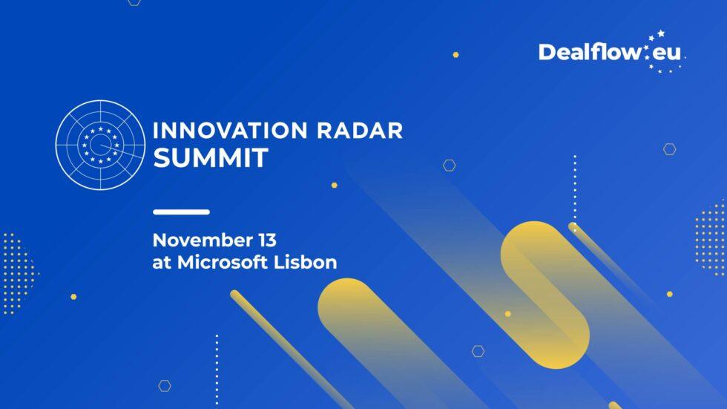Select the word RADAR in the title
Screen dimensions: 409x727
pos(363,131)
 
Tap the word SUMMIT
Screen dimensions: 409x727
pos(210,158)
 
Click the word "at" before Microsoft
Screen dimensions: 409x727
pos(160,263)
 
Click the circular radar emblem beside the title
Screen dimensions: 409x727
pos(99,144)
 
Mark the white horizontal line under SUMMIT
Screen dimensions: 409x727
pos(181,212)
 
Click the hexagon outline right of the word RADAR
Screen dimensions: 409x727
pos(450,165)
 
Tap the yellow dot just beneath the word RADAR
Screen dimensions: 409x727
pos(334,185)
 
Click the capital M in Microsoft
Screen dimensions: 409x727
pos(183,263)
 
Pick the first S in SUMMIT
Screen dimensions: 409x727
pos(161,158)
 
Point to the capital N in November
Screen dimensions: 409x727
pos(160,241)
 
